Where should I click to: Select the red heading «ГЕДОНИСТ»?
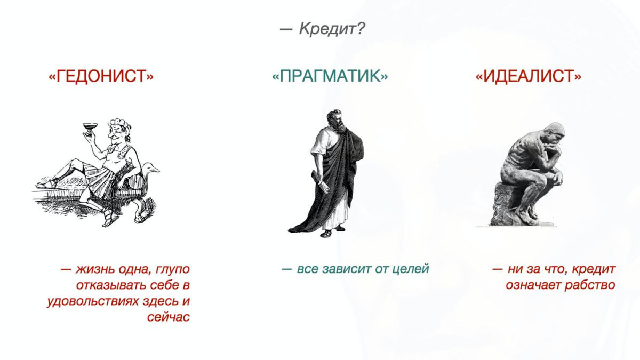[101, 76]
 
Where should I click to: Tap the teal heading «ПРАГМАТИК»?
[330, 76]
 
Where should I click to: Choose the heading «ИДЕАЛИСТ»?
[528, 76]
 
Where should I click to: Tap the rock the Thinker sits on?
[507, 205]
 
